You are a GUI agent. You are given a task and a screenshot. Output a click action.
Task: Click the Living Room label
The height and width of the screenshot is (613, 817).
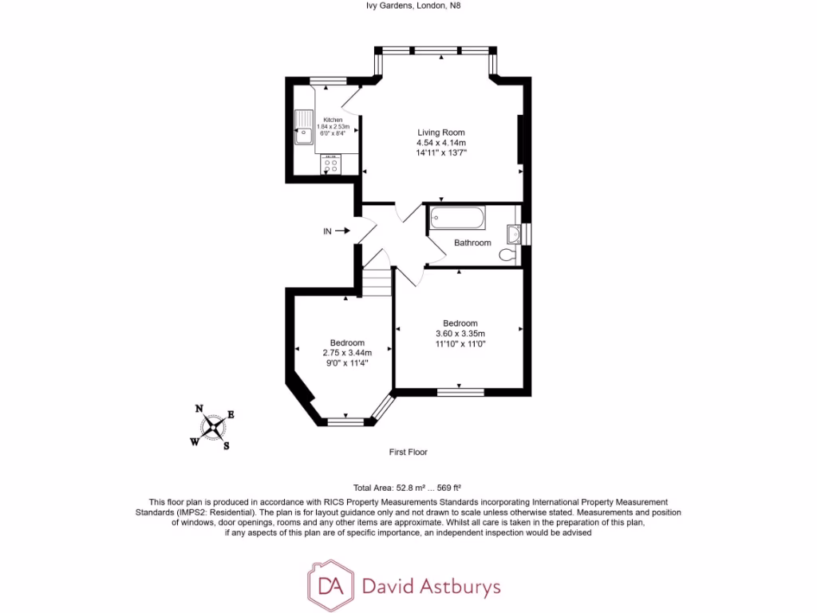[x=441, y=132]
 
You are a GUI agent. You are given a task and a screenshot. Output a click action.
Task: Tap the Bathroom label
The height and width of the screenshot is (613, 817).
[x=472, y=243]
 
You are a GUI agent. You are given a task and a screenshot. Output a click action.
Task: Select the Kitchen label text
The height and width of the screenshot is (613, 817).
[x=332, y=120]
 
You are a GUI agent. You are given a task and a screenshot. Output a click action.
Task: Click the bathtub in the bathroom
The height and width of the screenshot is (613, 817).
[x=456, y=217]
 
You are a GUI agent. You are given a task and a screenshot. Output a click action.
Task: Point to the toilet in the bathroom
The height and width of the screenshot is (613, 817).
[x=507, y=255]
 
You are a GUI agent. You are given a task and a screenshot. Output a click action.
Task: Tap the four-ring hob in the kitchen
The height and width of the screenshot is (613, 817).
[x=330, y=166]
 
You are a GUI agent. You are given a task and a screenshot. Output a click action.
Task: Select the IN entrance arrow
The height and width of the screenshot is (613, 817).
[x=341, y=231]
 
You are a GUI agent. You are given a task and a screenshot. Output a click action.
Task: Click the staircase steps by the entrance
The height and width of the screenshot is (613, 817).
[x=378, y=280]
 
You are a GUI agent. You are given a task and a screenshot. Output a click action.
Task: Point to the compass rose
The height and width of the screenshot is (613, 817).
[x=213, y=427]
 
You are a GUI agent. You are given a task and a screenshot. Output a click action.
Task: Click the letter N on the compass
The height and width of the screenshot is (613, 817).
[x=199, y=409]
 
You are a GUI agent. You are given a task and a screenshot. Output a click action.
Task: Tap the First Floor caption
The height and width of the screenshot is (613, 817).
[x=408, y=452]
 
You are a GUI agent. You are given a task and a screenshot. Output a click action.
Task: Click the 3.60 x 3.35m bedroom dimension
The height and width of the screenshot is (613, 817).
[x=460, y=334]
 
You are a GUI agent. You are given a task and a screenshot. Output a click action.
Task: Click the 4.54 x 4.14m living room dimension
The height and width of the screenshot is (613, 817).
[x=441, y=142]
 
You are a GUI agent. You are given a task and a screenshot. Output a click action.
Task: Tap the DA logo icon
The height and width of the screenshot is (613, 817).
[x=329, y=587]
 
